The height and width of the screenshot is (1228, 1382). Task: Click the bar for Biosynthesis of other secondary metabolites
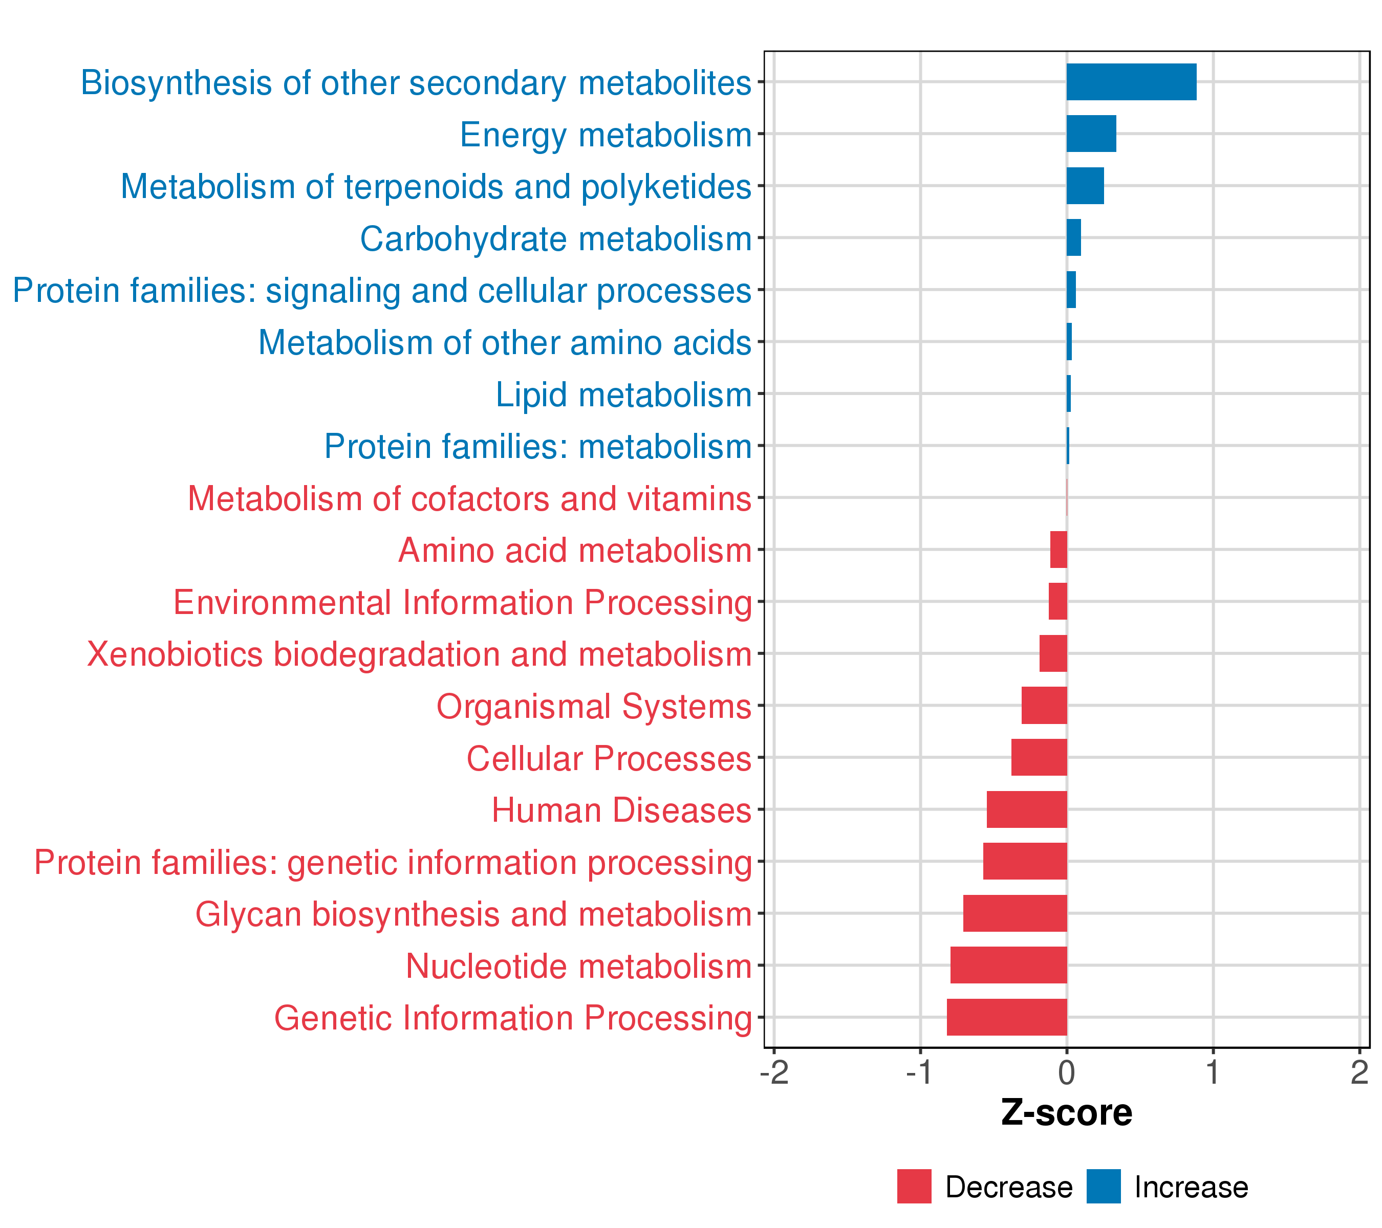point(1131,82)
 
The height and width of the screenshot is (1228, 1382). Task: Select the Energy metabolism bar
point(1091,134)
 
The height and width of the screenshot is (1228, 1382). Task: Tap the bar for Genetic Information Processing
point(1007,1017)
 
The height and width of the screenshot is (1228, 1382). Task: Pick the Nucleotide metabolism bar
point(1008,965)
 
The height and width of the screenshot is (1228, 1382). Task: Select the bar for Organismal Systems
point(1044,706)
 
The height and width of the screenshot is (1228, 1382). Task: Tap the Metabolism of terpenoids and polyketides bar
point(1085,186)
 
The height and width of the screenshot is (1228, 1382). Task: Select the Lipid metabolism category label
point(623,394)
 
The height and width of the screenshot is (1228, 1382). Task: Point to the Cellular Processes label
point(609,758)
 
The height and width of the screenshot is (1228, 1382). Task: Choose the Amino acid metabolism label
point(575,550)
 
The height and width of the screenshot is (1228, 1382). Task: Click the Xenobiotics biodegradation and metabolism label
point(419,654)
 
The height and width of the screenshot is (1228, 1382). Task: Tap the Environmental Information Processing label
point(463,602)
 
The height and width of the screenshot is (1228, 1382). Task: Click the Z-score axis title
point(1066,1113)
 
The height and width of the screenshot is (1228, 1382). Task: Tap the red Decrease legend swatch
point(914,1187)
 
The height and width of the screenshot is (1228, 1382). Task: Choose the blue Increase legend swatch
point(1104,1187)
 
